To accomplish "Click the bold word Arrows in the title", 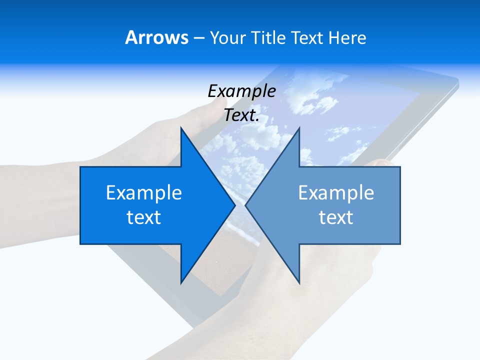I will [157, 37].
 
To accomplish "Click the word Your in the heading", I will [227, 37].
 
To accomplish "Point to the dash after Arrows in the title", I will [198, 38].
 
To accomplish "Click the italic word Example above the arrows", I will [241, 91].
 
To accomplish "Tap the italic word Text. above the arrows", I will [241, 115].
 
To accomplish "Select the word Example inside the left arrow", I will [144, 192].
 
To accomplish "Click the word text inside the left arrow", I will [144, 217].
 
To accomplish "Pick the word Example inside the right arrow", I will [336, 192].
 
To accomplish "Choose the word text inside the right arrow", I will [336, 217].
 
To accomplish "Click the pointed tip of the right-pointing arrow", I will [235, 205].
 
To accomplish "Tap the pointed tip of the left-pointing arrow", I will [245, 205].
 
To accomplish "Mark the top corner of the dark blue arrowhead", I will [181, 127].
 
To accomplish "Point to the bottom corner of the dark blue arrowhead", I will [181, 283].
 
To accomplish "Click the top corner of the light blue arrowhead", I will [299, 127].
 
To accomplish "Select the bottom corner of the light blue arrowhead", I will [299, 283].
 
